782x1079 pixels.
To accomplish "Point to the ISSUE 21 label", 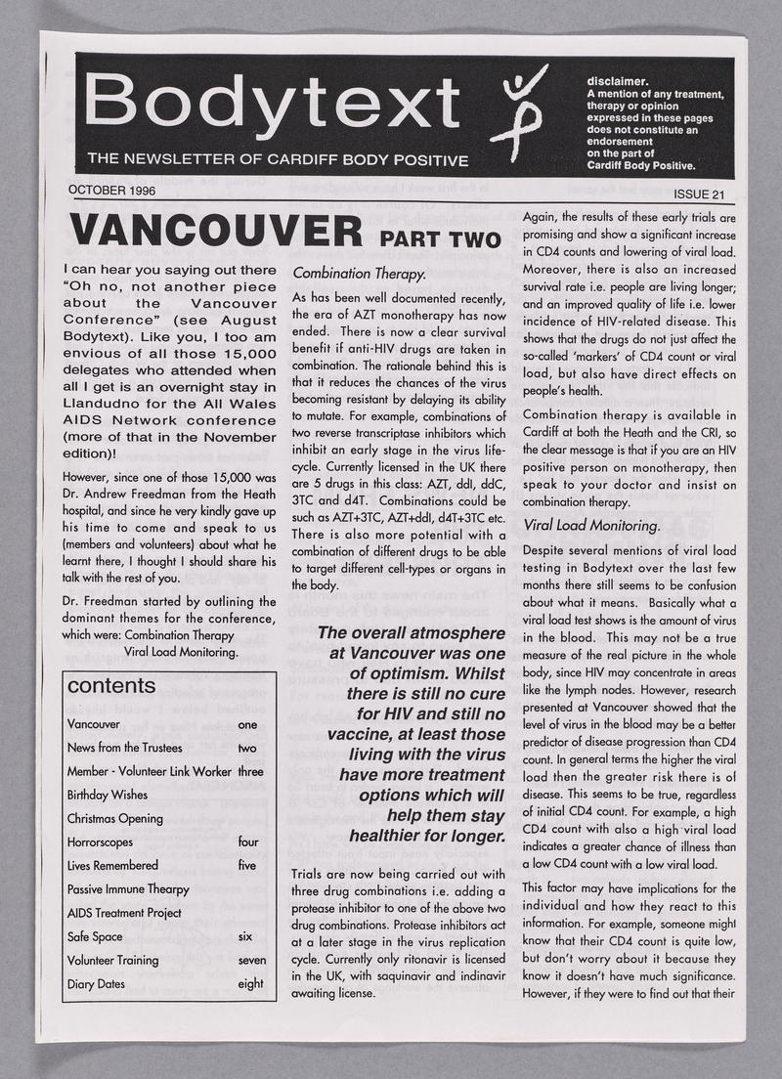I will click(x=696, y=194).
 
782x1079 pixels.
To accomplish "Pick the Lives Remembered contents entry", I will click(x=112, y=865).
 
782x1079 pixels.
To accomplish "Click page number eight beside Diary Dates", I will click(x=250, y=983).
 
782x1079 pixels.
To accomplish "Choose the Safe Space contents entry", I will click(x=95, y=936).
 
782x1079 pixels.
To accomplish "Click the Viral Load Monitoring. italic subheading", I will click(x=591, y=525).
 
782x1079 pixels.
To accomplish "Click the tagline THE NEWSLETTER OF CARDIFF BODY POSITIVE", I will click(x=278, y=159).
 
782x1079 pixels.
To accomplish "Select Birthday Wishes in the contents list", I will click(x=108, y=795).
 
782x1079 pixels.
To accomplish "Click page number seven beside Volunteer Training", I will click(x=251, y=960).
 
